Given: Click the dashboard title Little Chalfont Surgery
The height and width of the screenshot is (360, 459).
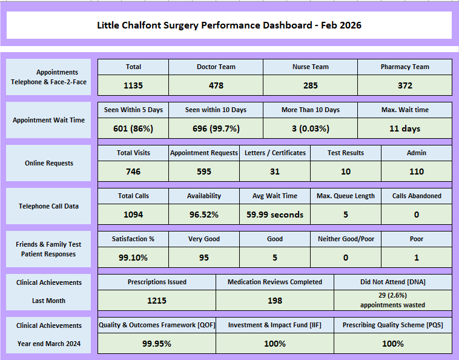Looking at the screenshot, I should pyautogui.click(x=230, y=25).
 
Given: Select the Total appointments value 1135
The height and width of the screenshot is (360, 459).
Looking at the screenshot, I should pyautogui.click(x=133, y=85).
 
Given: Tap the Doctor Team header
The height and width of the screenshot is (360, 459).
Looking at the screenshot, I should pyautogui.click(x=216, y=67).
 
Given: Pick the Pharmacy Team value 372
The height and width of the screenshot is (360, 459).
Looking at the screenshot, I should pyautogui.click(x=405, y=85).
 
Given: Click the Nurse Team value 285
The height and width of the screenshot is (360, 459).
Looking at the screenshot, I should pyautogui.click(x=310, y=85).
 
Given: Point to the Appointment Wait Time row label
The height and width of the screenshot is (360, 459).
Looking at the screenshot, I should pyautogui.click(x=48, y=120).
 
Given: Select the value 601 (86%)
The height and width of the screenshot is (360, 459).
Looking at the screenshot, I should pyautogui.click(x=133, y=128).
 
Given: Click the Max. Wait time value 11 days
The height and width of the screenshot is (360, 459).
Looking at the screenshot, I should pyautogui.click(x=405, y=128).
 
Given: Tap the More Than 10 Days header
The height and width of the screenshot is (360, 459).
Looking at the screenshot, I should pyautogui.click(x=310, y=110).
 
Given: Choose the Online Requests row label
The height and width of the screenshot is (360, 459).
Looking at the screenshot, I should pyautogui.click(x=48, y=163).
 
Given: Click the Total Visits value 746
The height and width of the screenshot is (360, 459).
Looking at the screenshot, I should pyautogui.click(x=133, y=172).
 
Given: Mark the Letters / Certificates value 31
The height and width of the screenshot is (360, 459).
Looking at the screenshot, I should pyautogui.click(x=274, y=172).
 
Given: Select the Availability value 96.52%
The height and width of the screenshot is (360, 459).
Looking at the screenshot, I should pyautogui.click(x=204, y=215).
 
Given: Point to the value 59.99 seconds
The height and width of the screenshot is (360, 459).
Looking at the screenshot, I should pyautogui.click(x=274, y=215).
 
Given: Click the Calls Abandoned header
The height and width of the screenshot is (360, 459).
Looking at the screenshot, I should pyautogui.click(x=417, y=196).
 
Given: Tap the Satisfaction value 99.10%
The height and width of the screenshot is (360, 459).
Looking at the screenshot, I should pyautogui.click(x=133, y=258).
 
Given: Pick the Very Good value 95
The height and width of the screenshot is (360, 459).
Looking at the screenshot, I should pyautogui.click(x=204, y=258).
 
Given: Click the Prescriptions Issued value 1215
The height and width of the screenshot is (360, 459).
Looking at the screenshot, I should pyautogui.click(x=157, y=300).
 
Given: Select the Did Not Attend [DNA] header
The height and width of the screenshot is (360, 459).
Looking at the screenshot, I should pyautogui.click(x=393, y=282).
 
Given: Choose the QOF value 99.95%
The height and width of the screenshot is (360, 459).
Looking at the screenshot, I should pyautogui.click(x=157, y=344).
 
